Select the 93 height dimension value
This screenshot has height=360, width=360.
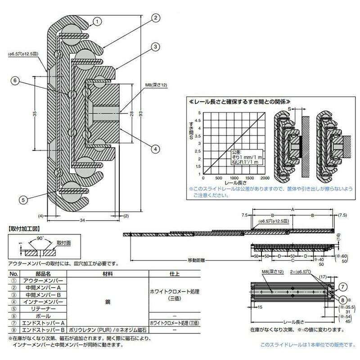point(142,115)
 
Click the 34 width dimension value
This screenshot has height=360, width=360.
point(82,220)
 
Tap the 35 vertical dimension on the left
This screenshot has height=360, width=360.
point(35,115)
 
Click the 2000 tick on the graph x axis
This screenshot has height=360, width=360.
point(265,178)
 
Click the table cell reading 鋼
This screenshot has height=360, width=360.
point(107,310)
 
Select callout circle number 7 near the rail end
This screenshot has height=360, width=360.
point(343,286)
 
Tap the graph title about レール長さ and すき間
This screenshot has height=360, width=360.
point(238,102)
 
